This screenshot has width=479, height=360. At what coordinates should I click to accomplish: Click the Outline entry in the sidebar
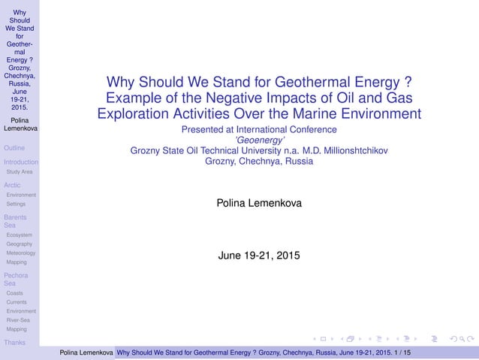point(15,148)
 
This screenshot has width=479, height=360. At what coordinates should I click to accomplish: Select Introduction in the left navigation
point(20,162)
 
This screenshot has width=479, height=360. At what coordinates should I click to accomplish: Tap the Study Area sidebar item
point(19,171)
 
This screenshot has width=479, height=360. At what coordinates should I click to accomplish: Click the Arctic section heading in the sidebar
point(12,185)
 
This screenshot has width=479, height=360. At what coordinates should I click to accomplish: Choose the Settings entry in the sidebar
point(16,204)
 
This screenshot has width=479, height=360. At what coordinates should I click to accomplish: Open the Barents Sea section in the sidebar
point(14,221)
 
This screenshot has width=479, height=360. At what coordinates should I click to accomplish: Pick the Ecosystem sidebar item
point(19,234)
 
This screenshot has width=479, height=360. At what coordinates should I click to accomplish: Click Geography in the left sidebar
point(19,244)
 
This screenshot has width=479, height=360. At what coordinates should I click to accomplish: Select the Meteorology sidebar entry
point(20,253)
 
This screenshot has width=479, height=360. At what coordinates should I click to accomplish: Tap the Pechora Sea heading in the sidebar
point(16,280)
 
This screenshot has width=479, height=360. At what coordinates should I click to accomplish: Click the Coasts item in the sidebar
point(14,293)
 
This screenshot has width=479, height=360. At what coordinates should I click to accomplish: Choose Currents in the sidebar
point(17,302)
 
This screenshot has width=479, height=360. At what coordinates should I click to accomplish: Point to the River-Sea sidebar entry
point(18,320)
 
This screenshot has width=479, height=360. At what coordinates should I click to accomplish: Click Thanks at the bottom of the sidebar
point(14,343)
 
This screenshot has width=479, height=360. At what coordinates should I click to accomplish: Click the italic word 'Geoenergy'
point(258,139)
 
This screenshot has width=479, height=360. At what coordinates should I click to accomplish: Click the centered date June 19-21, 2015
point(258,256)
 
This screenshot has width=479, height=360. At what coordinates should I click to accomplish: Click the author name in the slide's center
point(258,203)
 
